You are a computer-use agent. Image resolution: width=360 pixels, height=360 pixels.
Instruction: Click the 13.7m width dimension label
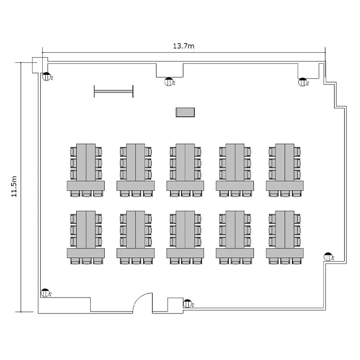pos(183,46)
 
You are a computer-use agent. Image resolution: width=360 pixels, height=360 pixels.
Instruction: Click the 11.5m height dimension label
pos(14,186)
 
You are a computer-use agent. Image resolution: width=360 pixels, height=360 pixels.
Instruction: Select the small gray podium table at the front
pos(185,112)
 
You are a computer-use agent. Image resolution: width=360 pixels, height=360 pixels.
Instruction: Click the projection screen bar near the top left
pos(114,91)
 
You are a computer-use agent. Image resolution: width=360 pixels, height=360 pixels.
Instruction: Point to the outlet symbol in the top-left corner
pos(47,76)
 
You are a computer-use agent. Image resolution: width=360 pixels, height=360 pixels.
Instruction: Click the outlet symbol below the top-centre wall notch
pos(169,82)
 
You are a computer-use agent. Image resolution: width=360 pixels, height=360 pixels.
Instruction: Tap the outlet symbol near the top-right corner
pos(302,82)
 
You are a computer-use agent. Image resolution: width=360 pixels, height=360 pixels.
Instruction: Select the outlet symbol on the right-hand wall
pos(328,257)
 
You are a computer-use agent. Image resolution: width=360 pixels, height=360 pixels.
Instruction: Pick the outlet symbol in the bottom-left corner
pos(45,293)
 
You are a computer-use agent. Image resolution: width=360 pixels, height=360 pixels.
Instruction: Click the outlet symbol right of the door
pos(187,304)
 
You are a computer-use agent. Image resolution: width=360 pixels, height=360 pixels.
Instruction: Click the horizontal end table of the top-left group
pos(85,186)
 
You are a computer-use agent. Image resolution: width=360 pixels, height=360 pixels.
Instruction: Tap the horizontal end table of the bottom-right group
pos(285,253)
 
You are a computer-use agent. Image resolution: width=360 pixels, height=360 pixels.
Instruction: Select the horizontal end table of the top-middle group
pos(185,186)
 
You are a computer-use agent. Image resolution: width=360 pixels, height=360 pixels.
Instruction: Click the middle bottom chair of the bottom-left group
pos(86,261)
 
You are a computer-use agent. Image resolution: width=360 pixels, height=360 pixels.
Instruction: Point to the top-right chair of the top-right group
pos(297,152)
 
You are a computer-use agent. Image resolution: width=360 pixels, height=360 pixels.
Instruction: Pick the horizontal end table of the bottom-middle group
pos(185,253)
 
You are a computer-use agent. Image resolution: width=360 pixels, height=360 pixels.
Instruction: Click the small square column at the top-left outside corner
pos(37,65)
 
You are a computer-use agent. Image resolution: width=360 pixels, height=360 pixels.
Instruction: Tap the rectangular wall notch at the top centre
pos(169,70)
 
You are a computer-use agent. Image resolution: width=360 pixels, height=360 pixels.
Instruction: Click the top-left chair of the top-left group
pos(73,152)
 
